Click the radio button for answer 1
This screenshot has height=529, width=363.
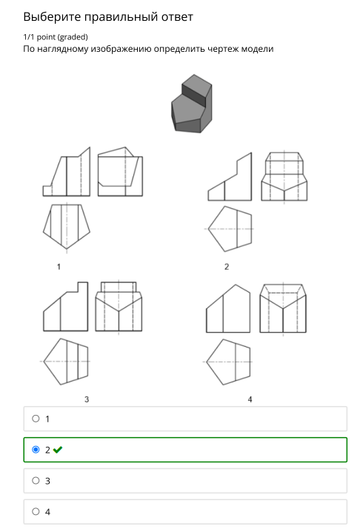(36, 419)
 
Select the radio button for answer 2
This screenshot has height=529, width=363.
(36, 450)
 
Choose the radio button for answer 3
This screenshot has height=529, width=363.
(36, 480)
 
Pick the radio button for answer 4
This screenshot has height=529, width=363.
(36, 511)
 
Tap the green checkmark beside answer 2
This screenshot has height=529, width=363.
(58, 450)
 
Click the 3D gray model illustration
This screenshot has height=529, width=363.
(192, 104)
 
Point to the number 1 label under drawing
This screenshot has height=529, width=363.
(59, 267)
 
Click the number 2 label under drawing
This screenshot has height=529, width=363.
(227, 267)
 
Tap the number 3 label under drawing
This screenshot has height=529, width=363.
(87, 399)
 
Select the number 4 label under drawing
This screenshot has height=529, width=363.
(250, 399)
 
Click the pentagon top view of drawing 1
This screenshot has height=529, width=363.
(67, 227)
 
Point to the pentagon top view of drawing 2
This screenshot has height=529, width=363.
(230, 229)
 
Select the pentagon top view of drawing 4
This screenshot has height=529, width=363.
(228, 362)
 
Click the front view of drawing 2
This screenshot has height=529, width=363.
(230, 176)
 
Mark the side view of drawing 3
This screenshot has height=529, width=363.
(119, 306)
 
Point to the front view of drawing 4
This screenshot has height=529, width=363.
(228, 308)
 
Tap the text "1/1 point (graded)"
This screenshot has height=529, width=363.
(56, 37)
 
